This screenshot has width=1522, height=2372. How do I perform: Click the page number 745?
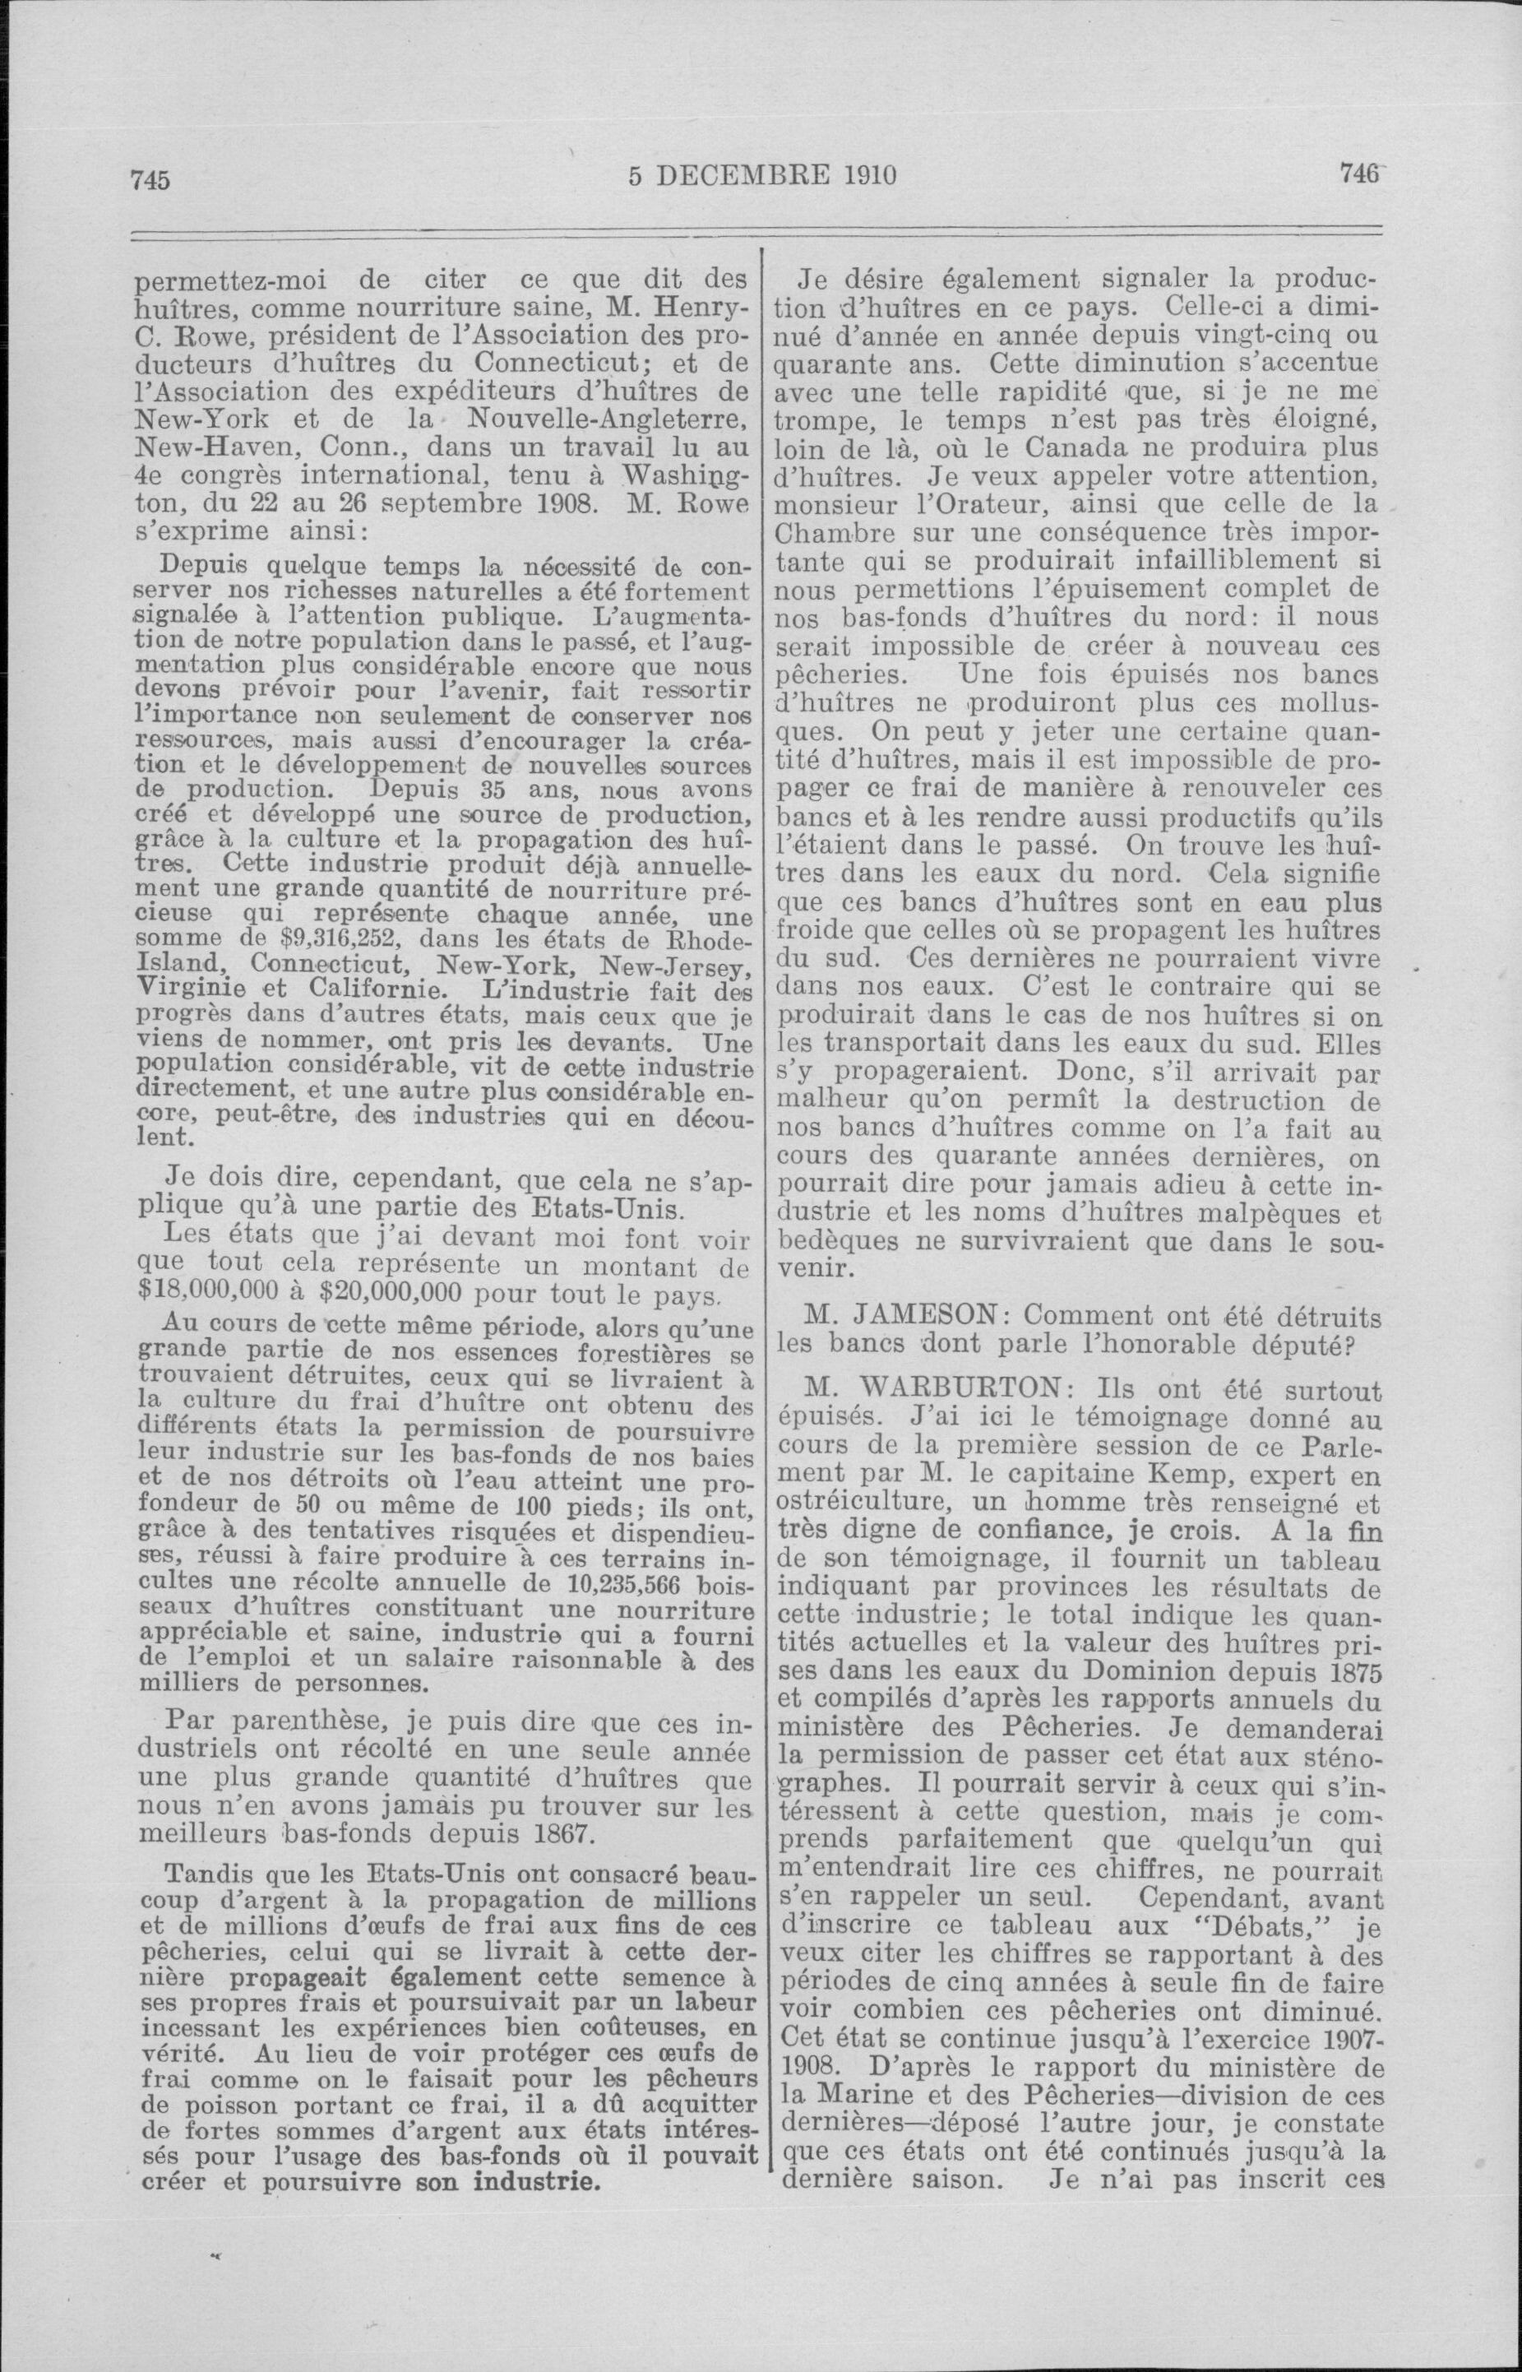click(x=151, y=180)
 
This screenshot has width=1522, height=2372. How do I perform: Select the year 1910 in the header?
click(x=870, y=176)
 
